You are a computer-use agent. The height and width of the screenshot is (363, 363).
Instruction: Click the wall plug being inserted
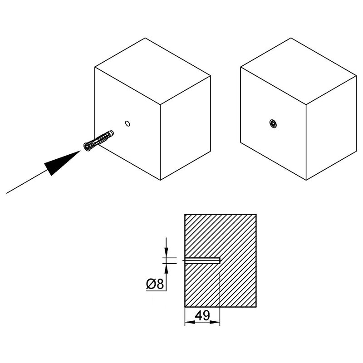tap(98, 141)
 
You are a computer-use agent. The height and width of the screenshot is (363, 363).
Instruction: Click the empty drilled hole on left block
tap(128, 123)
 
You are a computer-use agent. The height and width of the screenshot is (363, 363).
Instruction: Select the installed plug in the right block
tap(273, 123)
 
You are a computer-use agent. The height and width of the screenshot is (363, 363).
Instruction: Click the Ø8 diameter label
tap(155, 284)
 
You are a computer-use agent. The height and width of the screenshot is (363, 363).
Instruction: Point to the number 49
tap(202, 315)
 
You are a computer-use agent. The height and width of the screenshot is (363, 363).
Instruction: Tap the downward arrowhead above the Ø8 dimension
tap(166, 252)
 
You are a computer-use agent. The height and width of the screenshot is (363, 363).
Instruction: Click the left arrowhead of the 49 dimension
tap(190, 322)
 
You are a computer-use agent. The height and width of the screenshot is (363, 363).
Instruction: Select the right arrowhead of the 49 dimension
tap(215, 322)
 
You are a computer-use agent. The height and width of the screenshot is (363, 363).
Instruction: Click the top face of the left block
tap(152, 71)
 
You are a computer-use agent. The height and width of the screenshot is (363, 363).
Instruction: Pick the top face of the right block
tap(299, 71)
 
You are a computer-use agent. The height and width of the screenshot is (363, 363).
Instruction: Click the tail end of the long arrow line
tap(6, 193)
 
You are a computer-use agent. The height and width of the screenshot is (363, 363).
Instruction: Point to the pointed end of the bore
tap(221, 260)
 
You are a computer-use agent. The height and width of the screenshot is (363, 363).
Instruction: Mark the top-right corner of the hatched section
tap(256, 214)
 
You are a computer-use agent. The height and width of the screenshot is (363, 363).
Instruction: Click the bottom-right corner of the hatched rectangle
tap(256, 307)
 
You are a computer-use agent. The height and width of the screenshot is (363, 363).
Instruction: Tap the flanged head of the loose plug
tap(87, 147)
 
